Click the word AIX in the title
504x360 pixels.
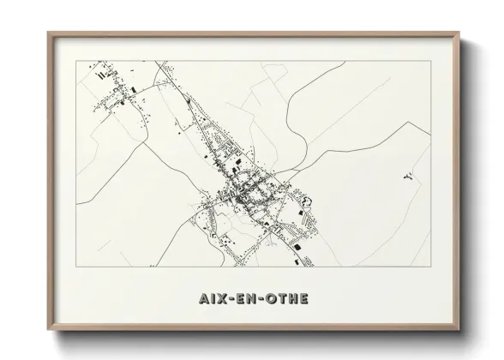pyautogui.click(x=210, y=300)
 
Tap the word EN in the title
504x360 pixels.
pyautogui.click(x=247, y=300)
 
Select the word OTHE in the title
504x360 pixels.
pyautogui.click(x=289, y=300)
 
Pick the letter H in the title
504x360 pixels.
pyautogui.click(x=295, y=300)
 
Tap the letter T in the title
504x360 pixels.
pyautogui.click(x=283, y=300)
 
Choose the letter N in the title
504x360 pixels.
pyautogui.click(x=253, y=300)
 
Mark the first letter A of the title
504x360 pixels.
pyautogui.click(x=199, y=300)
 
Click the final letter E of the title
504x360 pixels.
pyautogui.click(x=307, y=300)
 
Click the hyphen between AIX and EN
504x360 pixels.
pyautogui.click(x=232, y=300)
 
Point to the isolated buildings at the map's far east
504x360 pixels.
pyautogui.click(x=407, y=177)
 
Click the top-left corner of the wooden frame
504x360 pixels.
pyautogui.click(x=46, y=32)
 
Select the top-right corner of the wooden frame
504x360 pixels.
pyautogui.click(x=459, y=32)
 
